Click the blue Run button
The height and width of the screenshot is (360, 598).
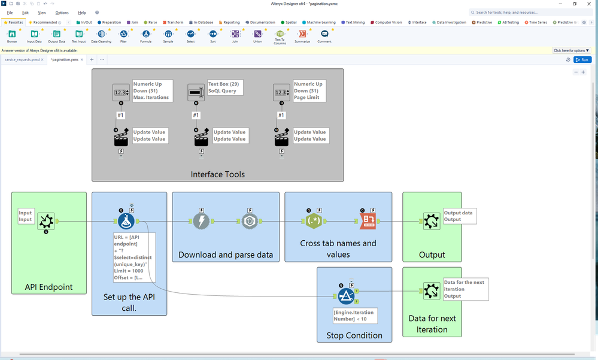(582, 60)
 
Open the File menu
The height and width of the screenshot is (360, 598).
(10, 13)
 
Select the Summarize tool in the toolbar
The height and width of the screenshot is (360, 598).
(302, 34)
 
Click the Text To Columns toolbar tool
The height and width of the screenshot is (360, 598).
(280, 35)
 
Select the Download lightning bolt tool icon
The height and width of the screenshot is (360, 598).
(201, 222)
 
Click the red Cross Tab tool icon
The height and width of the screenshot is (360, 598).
(368, 222)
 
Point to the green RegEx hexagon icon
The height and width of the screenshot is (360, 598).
(313, 222)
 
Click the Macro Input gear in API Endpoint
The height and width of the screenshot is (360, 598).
(46, 222)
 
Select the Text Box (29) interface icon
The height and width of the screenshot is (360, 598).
(196, 92)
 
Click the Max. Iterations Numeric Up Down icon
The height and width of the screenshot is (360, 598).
(121, 92)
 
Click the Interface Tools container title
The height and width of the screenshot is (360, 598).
(218, 174)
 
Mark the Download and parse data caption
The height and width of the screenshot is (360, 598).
(226, 255)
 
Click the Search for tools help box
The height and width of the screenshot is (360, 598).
(530, 12)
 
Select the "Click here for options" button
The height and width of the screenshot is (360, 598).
(572, 50)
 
